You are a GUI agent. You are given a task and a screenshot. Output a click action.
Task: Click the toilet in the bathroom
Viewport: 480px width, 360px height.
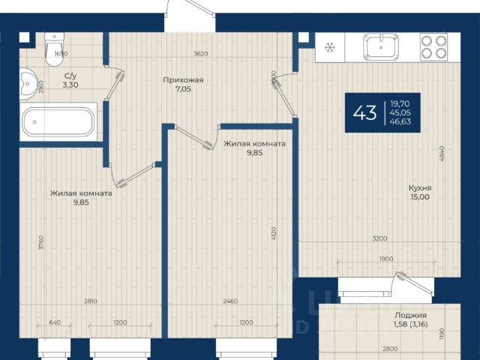pyautogui.click(x=55, y=49)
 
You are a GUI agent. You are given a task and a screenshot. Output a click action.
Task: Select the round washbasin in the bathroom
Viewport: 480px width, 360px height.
pyautogui.click(x=28, y=83)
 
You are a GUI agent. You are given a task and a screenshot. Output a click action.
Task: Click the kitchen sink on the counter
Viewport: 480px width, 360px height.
pyautogui.click(x=381, y=47)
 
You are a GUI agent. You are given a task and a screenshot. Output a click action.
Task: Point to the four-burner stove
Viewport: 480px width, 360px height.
pyautogui.click(x=433, y=47)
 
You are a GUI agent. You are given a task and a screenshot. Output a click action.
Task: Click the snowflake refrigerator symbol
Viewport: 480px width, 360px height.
pyautogui.click(x=330, y=47)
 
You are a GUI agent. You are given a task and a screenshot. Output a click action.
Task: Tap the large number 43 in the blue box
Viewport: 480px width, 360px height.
pyautogui.click(x=364, y=112)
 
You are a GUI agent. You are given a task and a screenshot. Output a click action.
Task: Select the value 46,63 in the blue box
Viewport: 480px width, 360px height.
pyautogui.click(x=400, y=121)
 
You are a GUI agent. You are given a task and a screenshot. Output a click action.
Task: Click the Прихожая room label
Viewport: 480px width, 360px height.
pyautogui.click(x=183, y=80)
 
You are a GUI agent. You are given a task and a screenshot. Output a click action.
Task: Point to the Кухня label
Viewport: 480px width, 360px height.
pyautogui.click(x=420, y=188)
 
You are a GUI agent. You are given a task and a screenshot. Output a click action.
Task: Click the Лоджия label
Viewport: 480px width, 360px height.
pyautogui.click(x=410, y=315)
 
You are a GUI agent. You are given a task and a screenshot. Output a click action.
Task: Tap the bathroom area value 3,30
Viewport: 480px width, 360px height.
pyautogui.click(x=70, y=85)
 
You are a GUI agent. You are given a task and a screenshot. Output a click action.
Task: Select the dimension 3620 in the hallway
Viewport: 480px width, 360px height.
pyautogui.click(x=201, y=54)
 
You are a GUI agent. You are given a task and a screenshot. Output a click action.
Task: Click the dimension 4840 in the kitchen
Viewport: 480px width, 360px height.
pyautogui.click(x=442, y=154)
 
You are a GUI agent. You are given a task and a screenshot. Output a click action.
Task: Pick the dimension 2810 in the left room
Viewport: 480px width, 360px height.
pyautogui.click(x=91, y=301)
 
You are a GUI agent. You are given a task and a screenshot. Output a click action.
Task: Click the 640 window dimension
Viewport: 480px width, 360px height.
pyautogui.click(x=55, y=322)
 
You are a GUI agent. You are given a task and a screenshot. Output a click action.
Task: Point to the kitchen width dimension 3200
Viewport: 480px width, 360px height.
pyautogui.click(x=380, y=238)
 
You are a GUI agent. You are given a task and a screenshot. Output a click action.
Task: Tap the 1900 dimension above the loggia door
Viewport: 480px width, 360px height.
pyautogui.click(x=386, y=259)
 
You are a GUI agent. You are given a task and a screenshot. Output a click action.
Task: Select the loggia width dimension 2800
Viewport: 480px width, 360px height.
pyautogui.click(x=390, y=349)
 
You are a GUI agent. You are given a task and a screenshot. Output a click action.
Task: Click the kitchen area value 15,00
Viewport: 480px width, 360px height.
pyautogui.click(x=420, y=197)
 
